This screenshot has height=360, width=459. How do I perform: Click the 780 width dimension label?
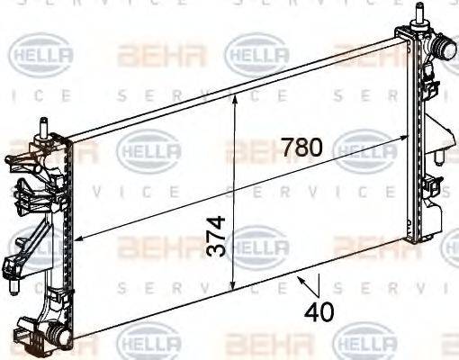(x=300, y=147)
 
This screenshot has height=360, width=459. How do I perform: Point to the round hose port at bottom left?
(x=58, y=336)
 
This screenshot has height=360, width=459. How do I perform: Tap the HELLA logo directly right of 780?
(x=364, y=148)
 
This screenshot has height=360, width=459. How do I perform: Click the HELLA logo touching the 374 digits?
(x=256, y=245)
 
